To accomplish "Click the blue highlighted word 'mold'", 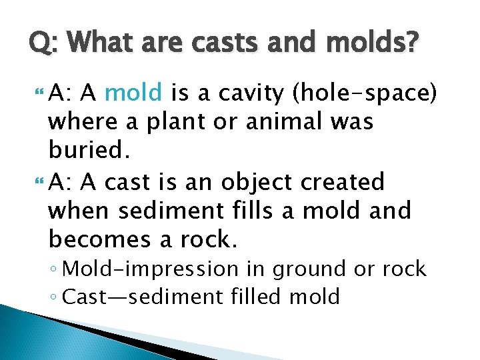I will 133,93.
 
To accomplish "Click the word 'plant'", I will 185,122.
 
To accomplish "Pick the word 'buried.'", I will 86,151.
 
